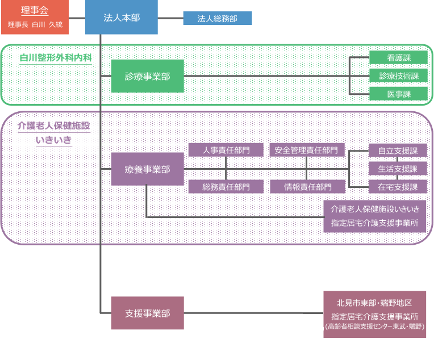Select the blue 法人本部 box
(121, 18)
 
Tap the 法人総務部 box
(217, 19)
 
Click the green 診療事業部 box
(148, 76)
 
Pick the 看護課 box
(398, 57)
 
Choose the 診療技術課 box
(398, 76)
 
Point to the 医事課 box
(398, 94)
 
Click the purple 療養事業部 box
(148, 169)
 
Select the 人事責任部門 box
(226, 150)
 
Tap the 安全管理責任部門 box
(307, 150)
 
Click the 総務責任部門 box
(226, 186)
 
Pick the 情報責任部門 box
(307, 186)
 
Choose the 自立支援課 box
(398, 150)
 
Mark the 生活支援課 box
(398, 169)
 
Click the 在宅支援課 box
(398, 187)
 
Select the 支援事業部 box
(148, 313)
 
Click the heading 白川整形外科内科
(56, 58)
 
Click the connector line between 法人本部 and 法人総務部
(170, 19)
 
